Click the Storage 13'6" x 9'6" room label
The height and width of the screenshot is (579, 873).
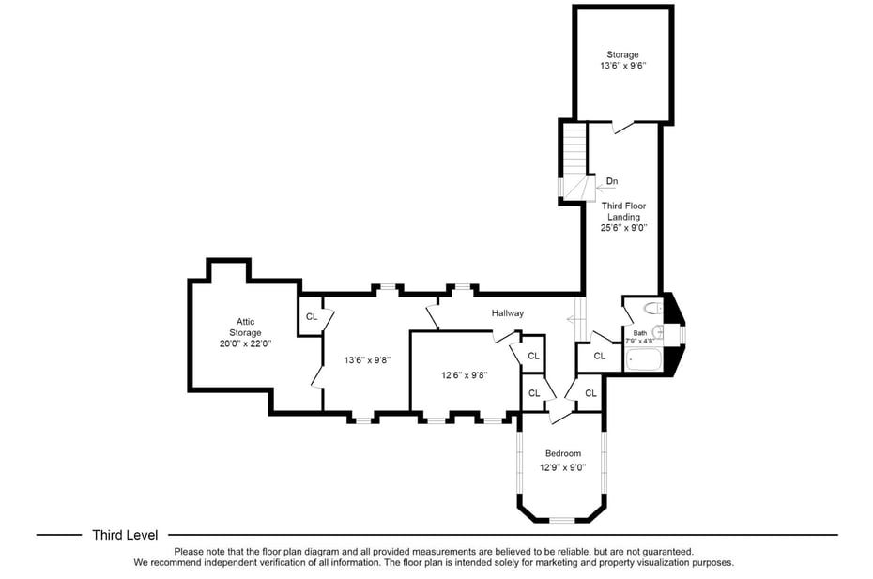pyautogui.click(x=622, y=61)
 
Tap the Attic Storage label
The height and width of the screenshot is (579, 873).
pyautogui.click(x=245, y=327)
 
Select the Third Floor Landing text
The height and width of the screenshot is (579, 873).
pyautogui.click(x=623, y=211)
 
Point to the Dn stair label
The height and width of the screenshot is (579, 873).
pyautogui.click(x=611, y=181)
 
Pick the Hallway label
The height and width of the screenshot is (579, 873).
pyautogui.click(x=507, y=313)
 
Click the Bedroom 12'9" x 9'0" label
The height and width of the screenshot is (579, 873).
pyautogui.click(x=563, y=460)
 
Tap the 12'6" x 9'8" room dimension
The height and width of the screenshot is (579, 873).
pyautogui.click(x=465, y=374)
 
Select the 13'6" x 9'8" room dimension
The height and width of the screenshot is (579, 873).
pyautogui.click(x=367, y=359)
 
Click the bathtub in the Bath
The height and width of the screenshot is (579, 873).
pyautogui.click(x=644, y=358)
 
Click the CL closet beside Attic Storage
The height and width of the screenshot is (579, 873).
pyautogui.click(x=312, y=316)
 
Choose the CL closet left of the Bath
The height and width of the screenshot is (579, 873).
pyautogui.click(x=598, y=356)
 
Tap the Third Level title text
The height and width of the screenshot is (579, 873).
pyautogui.click(x=125, y=535)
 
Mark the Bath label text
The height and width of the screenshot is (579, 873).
pyautogui.click(x=639, y=333)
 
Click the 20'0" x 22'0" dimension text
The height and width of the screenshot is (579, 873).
pyautogui.click(x=245, y=343)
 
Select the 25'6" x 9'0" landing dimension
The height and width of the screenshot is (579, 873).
pyautogui.click(x=623, y=227)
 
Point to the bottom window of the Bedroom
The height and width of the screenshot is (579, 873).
pyautogui.click(x=562, y=520)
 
